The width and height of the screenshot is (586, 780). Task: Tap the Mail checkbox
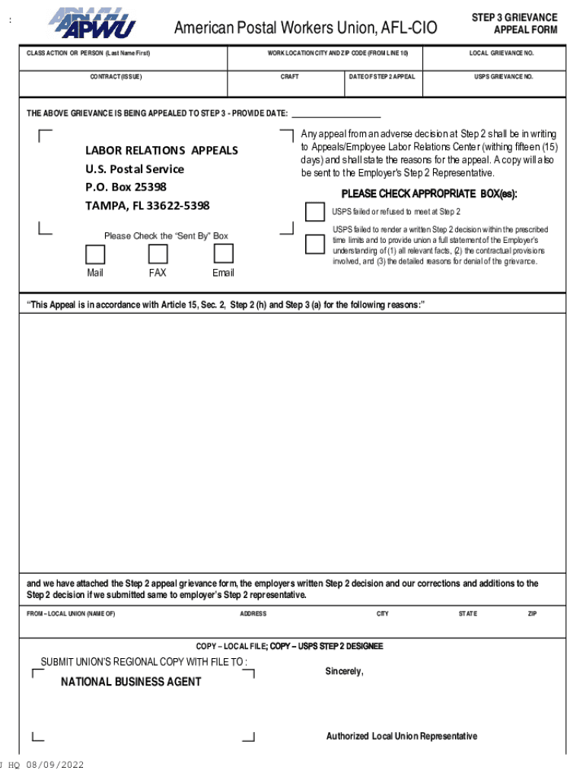click(95, 254)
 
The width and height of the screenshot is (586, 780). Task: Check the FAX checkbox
click(158, 254)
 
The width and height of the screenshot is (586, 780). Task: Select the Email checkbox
click(223, 254)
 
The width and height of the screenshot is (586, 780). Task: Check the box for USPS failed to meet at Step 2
click(314, 212)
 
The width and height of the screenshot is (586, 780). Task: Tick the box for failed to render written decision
click(314, 244)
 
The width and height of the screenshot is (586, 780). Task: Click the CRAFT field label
click(289, 77)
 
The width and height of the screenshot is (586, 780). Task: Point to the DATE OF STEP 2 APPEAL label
click(382, 77)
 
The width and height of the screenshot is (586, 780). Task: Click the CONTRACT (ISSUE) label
click(116, 77)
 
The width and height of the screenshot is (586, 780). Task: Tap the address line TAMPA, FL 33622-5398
click(147, 206)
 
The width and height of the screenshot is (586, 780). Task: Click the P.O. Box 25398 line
click(126, 187)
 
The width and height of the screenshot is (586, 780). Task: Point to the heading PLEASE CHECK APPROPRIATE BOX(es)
click(428, 193)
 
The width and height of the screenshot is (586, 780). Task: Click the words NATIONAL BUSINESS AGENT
click(131, 682)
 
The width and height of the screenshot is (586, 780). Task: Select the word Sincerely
click(345, 671)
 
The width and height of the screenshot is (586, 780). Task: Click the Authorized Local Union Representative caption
click(402, 736)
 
